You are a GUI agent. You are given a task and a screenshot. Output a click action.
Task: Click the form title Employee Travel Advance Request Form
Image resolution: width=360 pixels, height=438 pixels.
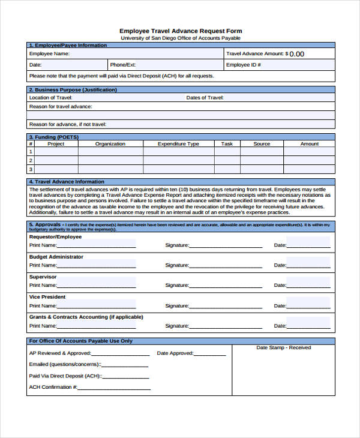[181, 31]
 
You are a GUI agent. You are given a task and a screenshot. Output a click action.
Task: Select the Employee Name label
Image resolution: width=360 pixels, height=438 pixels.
[50, 53]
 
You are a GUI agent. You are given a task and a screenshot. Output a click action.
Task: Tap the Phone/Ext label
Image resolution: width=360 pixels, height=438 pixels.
[123, 64]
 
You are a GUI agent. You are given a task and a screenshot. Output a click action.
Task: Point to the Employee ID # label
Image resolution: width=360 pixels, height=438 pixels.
[243, 64]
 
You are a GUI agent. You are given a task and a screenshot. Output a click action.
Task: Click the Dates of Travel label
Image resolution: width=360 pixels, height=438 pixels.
[205, 97]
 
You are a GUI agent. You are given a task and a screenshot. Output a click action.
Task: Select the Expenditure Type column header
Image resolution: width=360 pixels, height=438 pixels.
[178, 144]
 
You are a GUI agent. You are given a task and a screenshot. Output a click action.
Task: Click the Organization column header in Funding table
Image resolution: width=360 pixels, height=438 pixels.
[110, 144]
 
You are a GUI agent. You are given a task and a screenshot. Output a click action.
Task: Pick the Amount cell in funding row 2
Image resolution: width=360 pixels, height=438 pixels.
[309, 160]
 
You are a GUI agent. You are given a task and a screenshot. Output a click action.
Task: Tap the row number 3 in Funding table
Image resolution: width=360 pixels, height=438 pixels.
[31, 169]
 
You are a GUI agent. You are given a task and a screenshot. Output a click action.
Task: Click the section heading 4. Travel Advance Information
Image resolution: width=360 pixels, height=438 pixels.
[67, 181]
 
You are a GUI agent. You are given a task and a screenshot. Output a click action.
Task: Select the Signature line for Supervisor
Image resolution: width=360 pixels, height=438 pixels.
[226, 285]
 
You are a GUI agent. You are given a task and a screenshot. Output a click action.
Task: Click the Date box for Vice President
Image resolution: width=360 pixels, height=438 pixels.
[308, 305]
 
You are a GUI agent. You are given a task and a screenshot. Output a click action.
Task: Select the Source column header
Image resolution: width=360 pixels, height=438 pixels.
[262, 144]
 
